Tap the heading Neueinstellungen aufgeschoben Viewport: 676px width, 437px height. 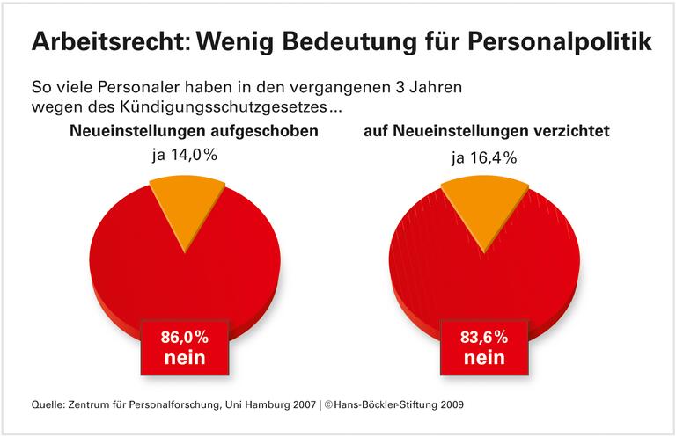pos(194,133)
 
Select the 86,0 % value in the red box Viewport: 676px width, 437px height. pos(184,337)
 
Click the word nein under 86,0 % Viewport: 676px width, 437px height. pos(184,358)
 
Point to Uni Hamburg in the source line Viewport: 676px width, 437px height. pos(251,405)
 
